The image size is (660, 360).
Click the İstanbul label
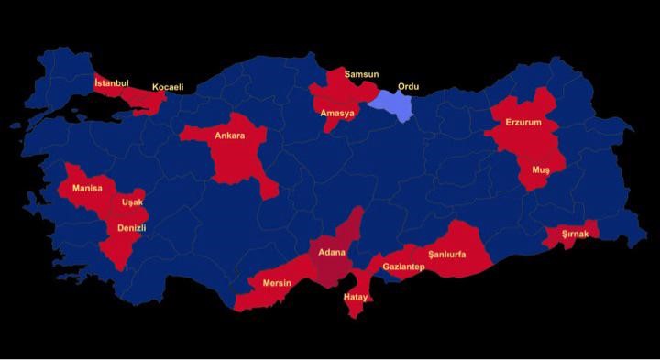click(x=111, y=82)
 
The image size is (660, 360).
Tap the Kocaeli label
click(x=168, y=87)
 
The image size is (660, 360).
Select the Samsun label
click(x=361, y=73)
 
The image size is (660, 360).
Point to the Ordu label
click(x=408, y=87)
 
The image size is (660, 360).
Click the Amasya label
click(x=337, y=113)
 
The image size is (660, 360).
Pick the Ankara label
click(x=229, y=136)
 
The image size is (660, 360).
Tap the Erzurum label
click(x=523, y=122)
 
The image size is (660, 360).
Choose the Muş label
click(x=541, y=169)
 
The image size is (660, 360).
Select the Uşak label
click(x=133, y=202)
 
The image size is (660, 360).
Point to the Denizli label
click(x=132, y=227)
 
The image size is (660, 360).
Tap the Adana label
click(x=332, y=251)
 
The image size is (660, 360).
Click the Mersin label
click(x=277, y=282)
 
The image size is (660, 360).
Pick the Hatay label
click(x=355, y=297)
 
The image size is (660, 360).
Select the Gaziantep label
click(x=403, y=267)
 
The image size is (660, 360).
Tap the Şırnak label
click(x=581, y=234)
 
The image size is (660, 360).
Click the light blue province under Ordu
click(x=391, y=108)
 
